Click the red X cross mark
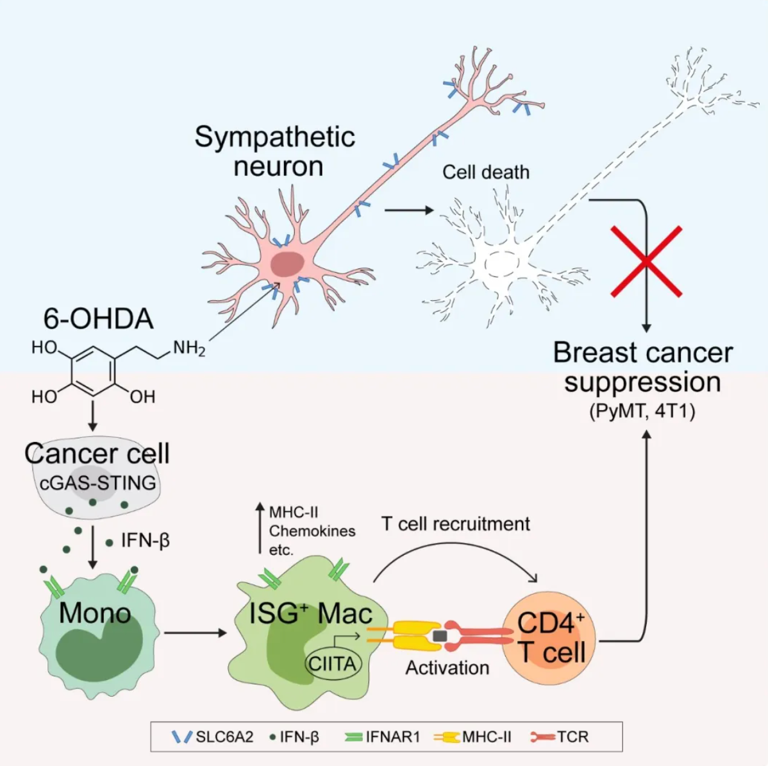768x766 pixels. (x=646, y=261)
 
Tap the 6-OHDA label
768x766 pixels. (x=98, y=319)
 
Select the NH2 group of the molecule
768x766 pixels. (x=189, y=348)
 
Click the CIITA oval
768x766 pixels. (x=332, y=663)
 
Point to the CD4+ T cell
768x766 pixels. (x=551, y=638)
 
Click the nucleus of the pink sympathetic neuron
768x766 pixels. (x=287, y=264)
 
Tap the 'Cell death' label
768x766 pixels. (x=486, y=172)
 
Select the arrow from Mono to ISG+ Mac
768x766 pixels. (x=195, y=633)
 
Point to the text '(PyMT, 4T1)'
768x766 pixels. (x=642, y=411)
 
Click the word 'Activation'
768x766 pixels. (x=447, y=668)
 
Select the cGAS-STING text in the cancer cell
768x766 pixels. (x=97, y=482)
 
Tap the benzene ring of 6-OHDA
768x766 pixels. (x=92, y=371)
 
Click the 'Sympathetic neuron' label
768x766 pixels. (x=275, y=151)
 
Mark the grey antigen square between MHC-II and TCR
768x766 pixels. (x=440, y=635)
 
